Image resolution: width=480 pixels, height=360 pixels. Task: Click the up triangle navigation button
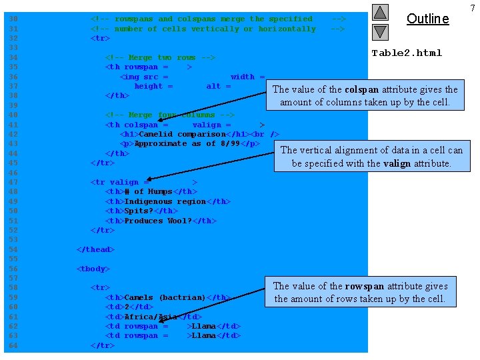(379, 12)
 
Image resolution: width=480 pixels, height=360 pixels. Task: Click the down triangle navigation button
(379, 31)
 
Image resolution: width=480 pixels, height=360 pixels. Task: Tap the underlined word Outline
(427, 19)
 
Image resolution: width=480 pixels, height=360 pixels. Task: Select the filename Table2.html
(407, 53)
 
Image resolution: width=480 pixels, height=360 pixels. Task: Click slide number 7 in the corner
(473, 8)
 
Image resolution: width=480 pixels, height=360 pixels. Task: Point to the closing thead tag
(95, 249)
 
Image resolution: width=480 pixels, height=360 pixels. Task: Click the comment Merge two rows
(160, 58)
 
